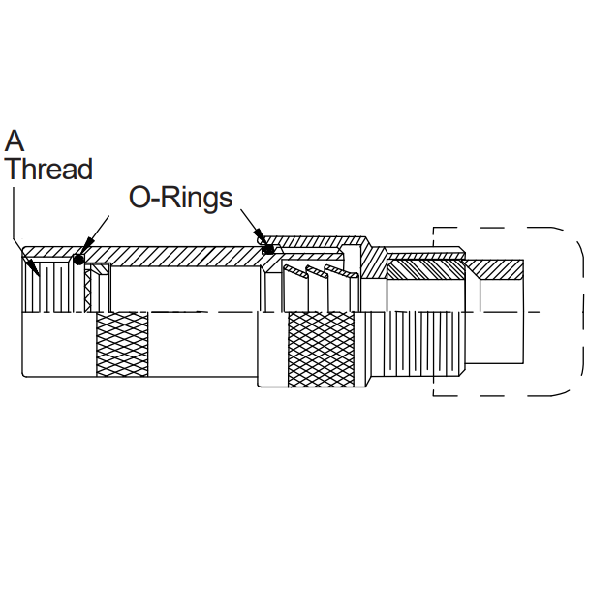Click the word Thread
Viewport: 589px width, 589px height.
click(x=48, y=170)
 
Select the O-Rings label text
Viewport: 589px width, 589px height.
click(x=181, y=198)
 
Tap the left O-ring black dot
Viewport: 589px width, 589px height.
click(x=79, y=258)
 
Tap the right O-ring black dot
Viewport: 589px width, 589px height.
click(x=266, y=250)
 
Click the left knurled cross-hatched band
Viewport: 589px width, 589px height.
click(x=121, y=345)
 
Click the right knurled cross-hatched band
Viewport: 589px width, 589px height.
click(x=322, y=349)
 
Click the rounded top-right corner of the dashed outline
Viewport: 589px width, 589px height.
click(x=572, y=237)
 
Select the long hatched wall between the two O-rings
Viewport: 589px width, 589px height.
click(x=174, y=254)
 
